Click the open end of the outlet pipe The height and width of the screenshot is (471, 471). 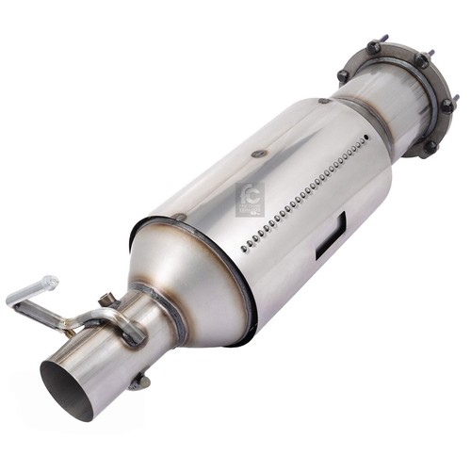[68, 388]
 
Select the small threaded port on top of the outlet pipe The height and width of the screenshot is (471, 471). [106, 301]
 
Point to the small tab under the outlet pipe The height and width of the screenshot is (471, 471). [139, 382]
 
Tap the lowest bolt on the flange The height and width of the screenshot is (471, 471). [430, 147]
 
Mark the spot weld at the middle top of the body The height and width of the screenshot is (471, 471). [254, 149]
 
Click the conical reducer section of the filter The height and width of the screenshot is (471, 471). [179, 273]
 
